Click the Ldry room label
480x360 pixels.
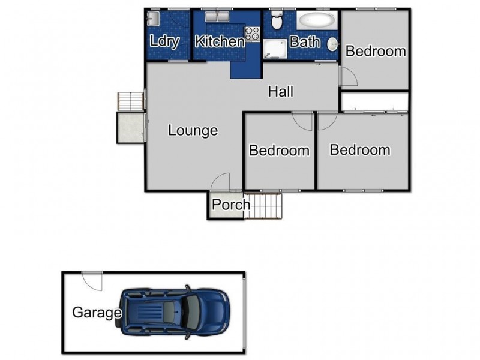pyautogui.click(x=164, y=41)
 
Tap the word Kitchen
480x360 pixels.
pyautogui.click(x=220, y=41)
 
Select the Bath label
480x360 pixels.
pyautogui.click(x=305, y=41)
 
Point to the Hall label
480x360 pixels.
pyautogui.click(x=280, y=91)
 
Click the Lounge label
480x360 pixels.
pyautogui.click(x=193, y=130)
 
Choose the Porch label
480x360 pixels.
pyautogui.click(x=231, y=205)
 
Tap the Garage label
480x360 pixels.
pyautogui.click(x=97, y=313)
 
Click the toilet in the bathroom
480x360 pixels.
pyautogui.click(x=277, y=20)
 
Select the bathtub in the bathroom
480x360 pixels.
pyautogui.click(x=317, y=20)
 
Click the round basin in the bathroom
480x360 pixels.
pyautogui.click(x=332, y=44)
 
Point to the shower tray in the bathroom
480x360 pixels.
pyautogui.click(x=275, y=49)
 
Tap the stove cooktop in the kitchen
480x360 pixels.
pyautogui.click(x=252, y=34)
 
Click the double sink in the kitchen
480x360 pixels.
pyautogui.click(x=217, y=17)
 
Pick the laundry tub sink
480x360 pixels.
pyautogui.click(x=152, y=19)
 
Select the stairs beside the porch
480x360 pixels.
pyautogui.click(x=263, y=206)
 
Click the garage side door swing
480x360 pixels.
pyautogui.click(x=92, y=281)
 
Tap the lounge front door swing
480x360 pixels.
pyautogui.click(x=220, y=182)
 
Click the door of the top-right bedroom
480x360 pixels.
pyautogui.click(x=349, y=77)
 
